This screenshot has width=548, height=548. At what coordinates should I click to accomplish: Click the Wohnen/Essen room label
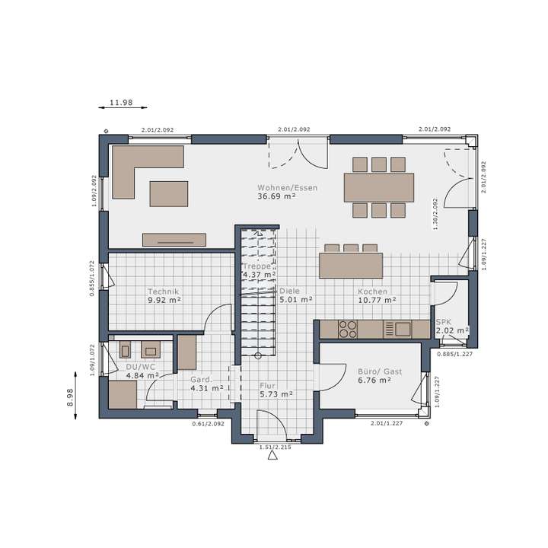click(287, 187)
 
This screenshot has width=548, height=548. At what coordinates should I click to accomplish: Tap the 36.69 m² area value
click(276, 196)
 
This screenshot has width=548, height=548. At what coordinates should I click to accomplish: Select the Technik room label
click(163, 292)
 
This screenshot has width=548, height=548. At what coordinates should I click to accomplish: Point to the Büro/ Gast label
click(380, 372)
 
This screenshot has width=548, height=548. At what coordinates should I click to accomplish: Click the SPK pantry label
click(444, 322)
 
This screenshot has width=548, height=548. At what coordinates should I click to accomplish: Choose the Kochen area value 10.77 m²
click(377, 300)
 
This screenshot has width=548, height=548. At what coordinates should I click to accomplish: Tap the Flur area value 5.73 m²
click(276, 394)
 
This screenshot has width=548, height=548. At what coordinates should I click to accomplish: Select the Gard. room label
click(200, 379)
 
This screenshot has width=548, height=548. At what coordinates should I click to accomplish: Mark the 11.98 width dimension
click(121, 103)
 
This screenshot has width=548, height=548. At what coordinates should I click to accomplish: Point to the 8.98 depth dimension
click(70, 397)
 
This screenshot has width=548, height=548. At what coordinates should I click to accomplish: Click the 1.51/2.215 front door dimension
click(275, 447)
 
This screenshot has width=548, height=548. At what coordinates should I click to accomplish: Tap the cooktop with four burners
click(348, 329)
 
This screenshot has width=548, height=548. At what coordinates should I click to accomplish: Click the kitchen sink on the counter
click(401, 329)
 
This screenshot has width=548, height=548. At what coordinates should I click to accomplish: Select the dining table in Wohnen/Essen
click(379, 187)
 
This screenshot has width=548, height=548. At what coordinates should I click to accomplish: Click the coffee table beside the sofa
click(167, 193)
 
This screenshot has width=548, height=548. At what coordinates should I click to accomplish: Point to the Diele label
click(289, 291)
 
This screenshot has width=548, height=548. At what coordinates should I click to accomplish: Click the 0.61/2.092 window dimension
click(207, 423)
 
